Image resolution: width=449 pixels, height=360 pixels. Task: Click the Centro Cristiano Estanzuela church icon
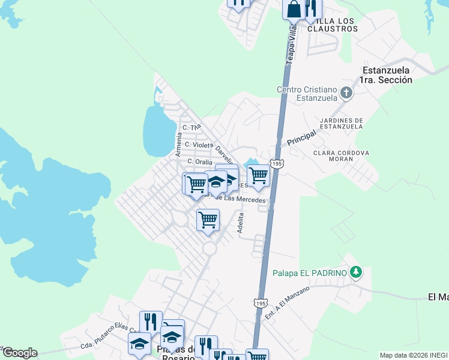coord(345,92)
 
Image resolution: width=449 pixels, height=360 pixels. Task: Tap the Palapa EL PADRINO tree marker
coord(356,272)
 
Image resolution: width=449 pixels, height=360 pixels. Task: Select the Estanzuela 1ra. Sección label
coord(387,74)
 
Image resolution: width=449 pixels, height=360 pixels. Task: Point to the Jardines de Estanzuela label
coord(338,123)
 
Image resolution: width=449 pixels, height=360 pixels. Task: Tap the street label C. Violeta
coord(199,145)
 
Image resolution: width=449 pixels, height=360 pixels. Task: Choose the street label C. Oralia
coord(199,161)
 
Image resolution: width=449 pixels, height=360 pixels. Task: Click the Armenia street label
coord(178,145)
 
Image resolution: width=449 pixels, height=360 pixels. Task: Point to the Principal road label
coord(301,139)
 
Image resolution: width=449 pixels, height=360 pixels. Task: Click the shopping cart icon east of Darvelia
coord(258,175)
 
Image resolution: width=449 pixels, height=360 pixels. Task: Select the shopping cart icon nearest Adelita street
coord(208,219)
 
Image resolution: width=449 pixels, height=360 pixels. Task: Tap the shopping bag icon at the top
coord(294,9)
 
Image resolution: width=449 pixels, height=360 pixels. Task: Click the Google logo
coord(20,353)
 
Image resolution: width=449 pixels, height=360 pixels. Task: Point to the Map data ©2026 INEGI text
coord(413,355)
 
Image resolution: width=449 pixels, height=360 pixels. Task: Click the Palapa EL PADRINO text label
coord(310,273)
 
